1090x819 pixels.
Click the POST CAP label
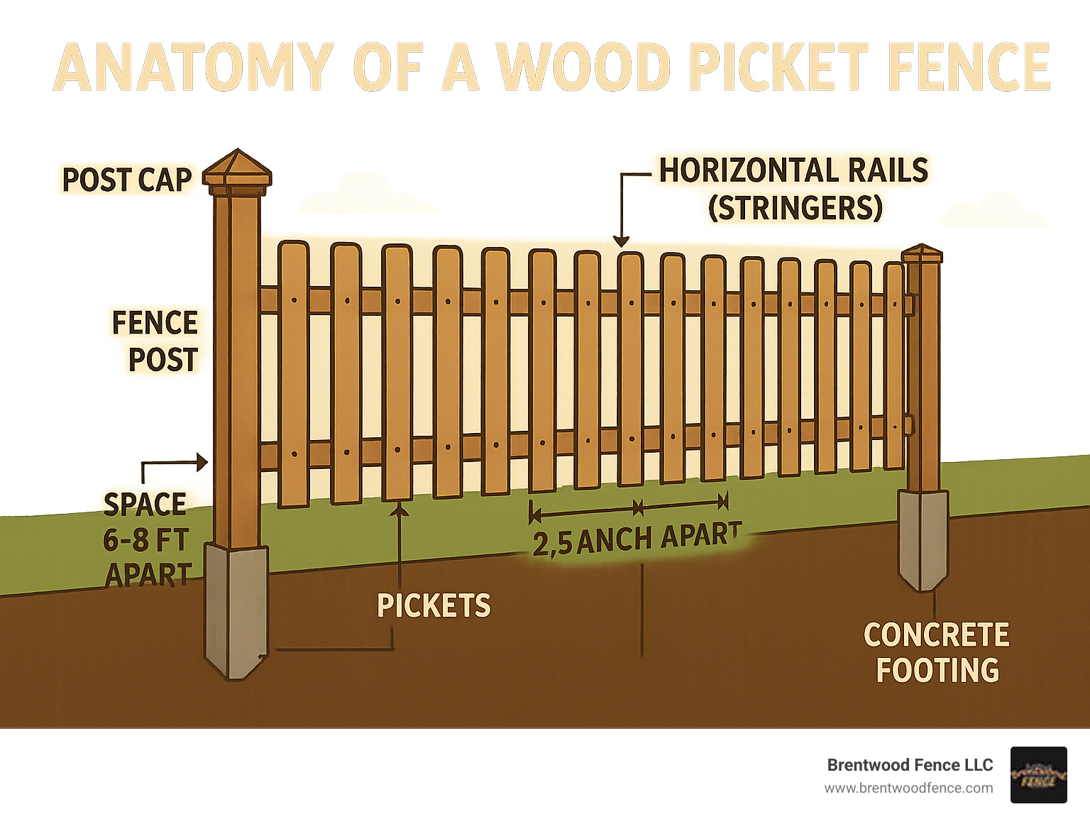(x=127, y=180)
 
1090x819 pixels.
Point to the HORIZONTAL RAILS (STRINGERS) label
(x=794, y=189)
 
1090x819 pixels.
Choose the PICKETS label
(x=434, y=606)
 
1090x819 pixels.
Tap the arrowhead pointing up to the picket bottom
(x=400, y=508)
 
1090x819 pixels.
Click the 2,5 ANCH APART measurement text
(x=637, y=539)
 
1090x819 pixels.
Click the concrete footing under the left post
(x=236, y=610)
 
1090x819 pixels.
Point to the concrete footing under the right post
(x=923, y=539)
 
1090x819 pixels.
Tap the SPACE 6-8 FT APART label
(x=146, y=540)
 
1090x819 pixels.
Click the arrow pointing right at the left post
(x=202, y=463)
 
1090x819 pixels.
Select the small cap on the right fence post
(x=922, y=254)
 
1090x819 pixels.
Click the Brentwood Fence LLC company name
(x=910, y=765)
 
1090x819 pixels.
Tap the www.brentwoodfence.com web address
(x=908, y=788)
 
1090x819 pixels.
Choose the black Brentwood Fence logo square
(x=1038, y=775)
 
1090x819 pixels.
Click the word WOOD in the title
(x=585, y=67)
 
